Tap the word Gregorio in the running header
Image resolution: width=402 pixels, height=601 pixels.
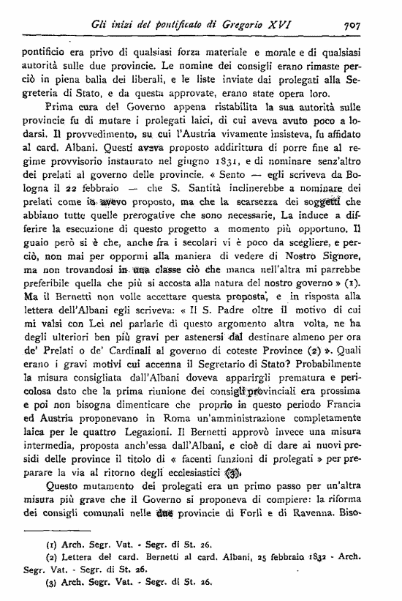point(239,24)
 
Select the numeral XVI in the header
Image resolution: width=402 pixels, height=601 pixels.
point(278,24)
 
